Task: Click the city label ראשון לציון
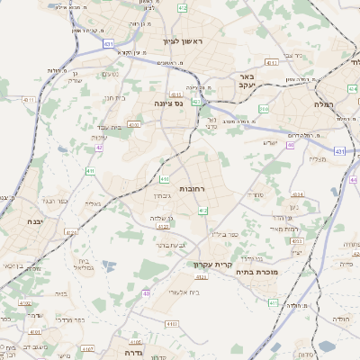pyautogui.click(x=184, y=42)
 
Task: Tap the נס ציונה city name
pyautogui.click(x=167, y=103)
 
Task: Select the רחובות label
pyautogui.click(x=193, y=189)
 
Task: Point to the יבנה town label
pyautogui.click(x=35, y=221)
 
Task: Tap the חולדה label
pyautogui.click(x=341, y=319)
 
